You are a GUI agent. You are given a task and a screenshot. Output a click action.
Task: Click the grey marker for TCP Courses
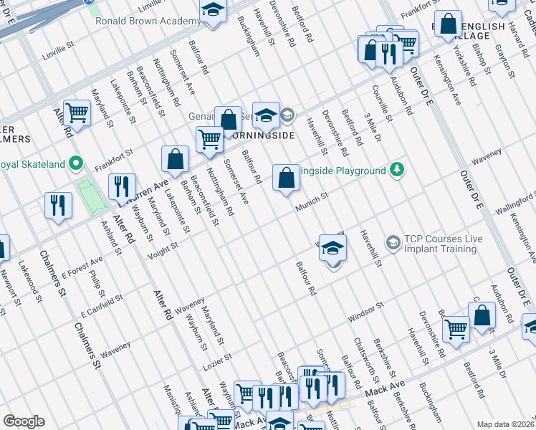click(393, 243)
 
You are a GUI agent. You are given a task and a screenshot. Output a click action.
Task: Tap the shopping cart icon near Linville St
click(76, 113)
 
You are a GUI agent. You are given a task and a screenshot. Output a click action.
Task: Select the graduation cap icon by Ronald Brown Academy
click(213, 10)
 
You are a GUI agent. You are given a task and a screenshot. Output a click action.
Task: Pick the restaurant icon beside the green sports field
click(122, 186)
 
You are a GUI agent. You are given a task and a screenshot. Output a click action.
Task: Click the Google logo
click(24, 421)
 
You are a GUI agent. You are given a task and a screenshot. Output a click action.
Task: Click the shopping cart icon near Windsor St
click(455, 329)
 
